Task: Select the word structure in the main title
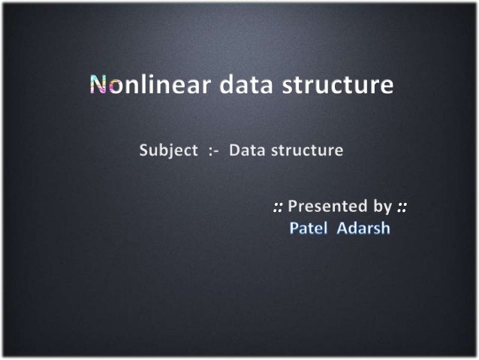[339, 86]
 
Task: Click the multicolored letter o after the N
[113, 87]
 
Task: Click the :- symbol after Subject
[213, 150]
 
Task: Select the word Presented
[330, 205]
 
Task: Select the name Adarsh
[363, 228]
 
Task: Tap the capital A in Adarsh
[342, 228]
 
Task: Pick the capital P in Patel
[294, 228]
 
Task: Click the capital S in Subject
[144, 150]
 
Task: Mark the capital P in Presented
[294, 205]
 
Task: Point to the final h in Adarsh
[385, 228]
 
